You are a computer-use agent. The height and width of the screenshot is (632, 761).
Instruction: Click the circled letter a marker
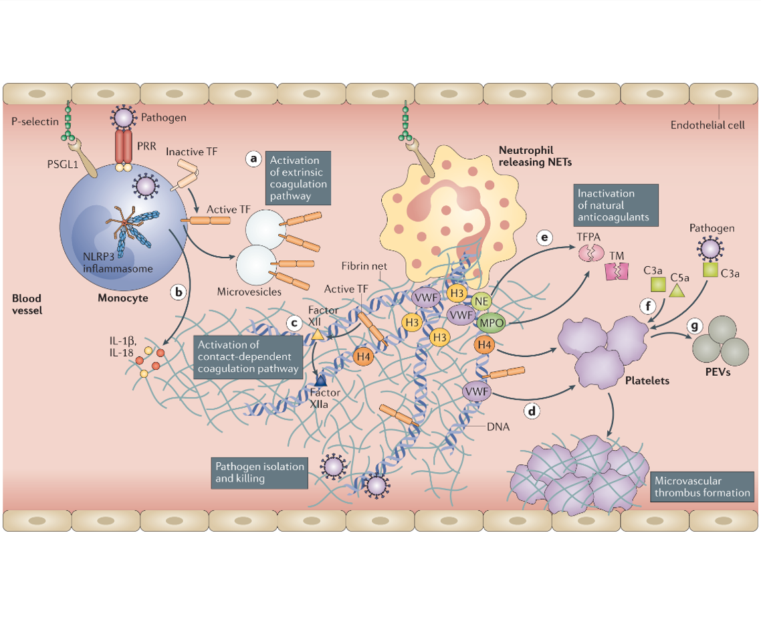coord(253,159)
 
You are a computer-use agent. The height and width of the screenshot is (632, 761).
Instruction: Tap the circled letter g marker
coord(695,325)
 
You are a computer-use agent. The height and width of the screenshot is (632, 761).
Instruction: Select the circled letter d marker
coord(532,411)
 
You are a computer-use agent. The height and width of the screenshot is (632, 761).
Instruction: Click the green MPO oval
coord(491,323)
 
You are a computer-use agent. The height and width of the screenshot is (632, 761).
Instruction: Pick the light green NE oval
coord(481,302)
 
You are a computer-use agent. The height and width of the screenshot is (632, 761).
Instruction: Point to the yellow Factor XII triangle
coord(317,334)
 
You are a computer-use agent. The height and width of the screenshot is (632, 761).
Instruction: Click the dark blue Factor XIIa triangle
coord(320,380)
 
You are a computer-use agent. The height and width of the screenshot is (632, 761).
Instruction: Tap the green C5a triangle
coord(677,290)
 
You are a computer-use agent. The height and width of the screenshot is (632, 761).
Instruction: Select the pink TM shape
coord(617,272)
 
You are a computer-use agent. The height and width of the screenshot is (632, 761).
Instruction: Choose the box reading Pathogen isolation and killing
coord(259,473)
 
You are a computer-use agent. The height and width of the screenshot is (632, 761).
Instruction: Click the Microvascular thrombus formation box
coord(702,487)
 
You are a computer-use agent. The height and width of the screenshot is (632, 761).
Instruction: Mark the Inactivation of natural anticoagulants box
coord(616,205)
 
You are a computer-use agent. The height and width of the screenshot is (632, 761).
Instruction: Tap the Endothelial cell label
coord(707,125)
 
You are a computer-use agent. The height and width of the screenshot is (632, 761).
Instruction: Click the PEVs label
coord(718,373)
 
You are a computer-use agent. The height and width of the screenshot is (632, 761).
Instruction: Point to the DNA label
coord(498,427)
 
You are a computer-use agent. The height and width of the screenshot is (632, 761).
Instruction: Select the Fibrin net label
coord(364,266)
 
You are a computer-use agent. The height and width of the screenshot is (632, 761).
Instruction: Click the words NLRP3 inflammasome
coord(118,263)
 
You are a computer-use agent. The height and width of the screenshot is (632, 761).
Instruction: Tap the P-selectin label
coord(35,121)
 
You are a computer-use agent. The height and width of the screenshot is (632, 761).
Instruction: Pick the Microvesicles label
coord(249,292)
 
